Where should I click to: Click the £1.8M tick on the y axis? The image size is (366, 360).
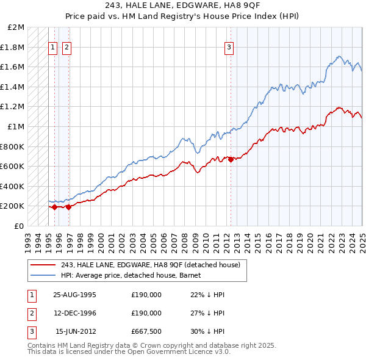(x=12, y=47)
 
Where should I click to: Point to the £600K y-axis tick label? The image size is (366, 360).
(x=12, y=166)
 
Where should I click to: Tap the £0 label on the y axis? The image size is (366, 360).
(x=17, y=226)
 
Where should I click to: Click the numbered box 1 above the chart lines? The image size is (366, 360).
(x=52, y=47)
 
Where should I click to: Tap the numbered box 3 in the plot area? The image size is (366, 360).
(x=229, y=47)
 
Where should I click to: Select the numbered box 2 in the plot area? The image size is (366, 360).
(x=66, y=47)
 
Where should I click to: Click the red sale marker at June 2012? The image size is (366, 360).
(x=231, y=159)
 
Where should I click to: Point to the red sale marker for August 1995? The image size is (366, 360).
(x=55, y=207)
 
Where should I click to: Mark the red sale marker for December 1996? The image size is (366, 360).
(x=68, y=207)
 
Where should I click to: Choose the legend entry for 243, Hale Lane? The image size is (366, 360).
(x=151, y=265)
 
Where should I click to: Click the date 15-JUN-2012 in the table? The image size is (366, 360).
(x=75, y=332)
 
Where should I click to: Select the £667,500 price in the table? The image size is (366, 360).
(x=146, y=332)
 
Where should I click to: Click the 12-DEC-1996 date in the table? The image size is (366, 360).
(x=75, y=313)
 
